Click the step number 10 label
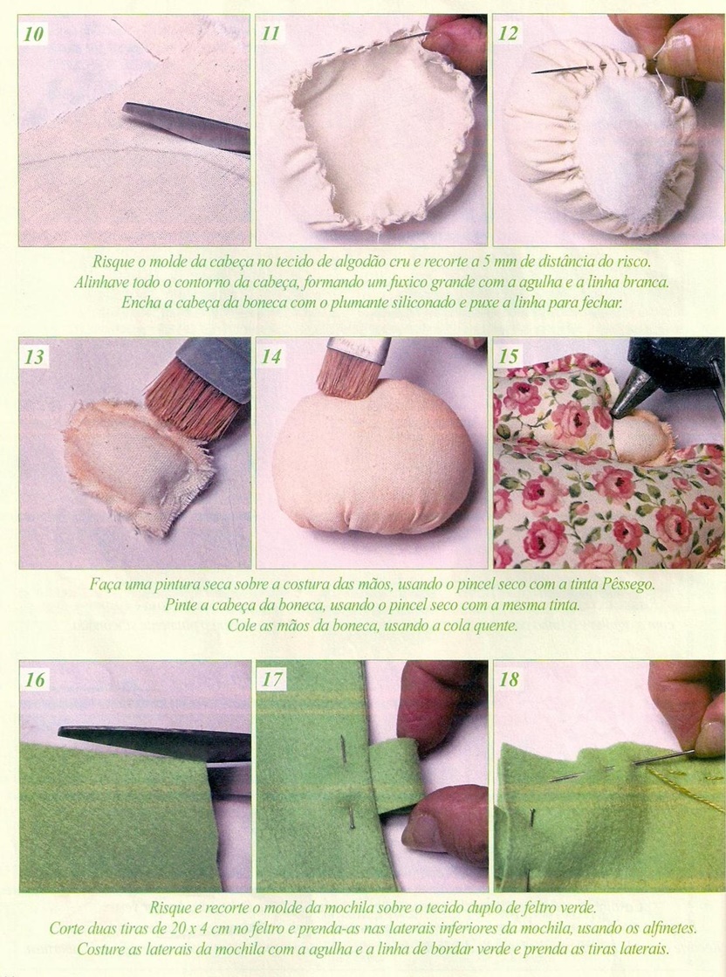tap(33, 33)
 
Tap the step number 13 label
tap(34, 357)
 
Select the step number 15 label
tap(508, 357)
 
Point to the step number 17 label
tap(271, 679)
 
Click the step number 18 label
tap(508, 679)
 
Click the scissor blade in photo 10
tap(187, 127)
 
